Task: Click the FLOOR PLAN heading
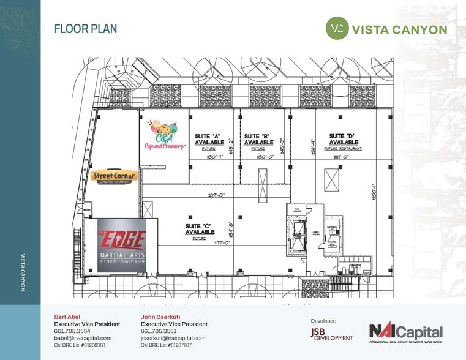point(86,29)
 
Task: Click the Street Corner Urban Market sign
point(114,176)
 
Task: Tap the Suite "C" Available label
point(200,229)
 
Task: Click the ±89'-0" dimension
point(217,195)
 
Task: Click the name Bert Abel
point(67,317)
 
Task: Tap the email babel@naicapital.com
point(83,338)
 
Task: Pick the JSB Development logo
point(332,334)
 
